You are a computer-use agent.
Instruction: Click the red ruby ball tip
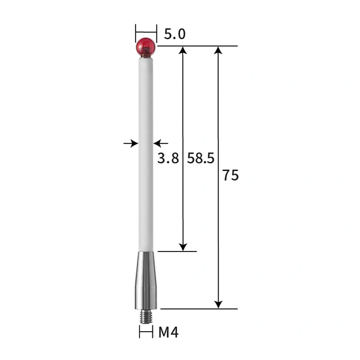click(x=146, y=46)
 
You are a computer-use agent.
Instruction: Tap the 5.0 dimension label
click(x=174, y=34)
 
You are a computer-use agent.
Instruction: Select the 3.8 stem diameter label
click(x=168, y=159)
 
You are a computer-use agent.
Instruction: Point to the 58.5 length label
click(x=201, y=159)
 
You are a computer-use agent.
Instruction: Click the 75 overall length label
click(x=230, y=176)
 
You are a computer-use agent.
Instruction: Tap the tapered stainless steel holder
click(x=146, y=279)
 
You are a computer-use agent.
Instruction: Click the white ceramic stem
click(x=146, y=150)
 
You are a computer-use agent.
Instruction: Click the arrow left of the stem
click(x=130, y=143)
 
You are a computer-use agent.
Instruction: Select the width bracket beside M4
click(x=146, y=331)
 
